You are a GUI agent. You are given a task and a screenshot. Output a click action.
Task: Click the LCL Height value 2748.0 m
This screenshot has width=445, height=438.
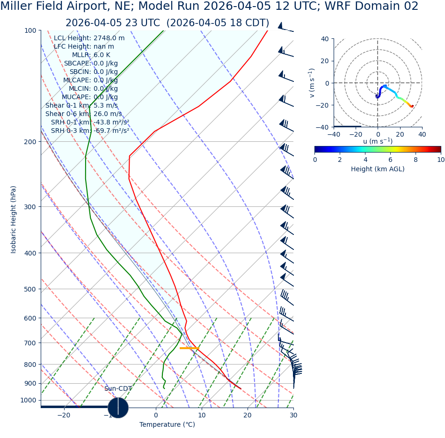(x=109, y=38)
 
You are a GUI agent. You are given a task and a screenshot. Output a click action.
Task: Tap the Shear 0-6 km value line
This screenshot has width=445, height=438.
(x=83, y=114)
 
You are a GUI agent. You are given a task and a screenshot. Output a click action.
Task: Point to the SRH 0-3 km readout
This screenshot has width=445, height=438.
(x=90, y=131)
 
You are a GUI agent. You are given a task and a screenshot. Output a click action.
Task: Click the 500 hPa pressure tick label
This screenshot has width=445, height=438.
(x=30, y=289)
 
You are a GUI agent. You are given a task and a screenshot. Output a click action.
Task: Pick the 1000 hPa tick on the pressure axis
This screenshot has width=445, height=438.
(x=28, y=400)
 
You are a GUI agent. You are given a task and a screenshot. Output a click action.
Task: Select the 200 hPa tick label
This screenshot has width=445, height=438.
(x=30, y=142)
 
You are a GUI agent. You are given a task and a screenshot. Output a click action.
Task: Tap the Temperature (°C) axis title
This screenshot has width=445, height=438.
(x=167, y=425)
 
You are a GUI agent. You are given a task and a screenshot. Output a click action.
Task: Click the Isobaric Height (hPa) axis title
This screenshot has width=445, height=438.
(x=14, y=219)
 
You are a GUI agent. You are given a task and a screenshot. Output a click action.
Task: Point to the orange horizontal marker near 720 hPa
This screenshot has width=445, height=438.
(x=189, y=348)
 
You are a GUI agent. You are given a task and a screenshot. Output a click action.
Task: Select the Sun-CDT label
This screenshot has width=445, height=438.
(x=118, y=389)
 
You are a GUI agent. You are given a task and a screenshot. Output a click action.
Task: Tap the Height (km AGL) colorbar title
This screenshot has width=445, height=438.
(x=378, y=169)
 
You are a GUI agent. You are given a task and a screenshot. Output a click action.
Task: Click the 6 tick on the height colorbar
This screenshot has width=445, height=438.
(x=390, y=160)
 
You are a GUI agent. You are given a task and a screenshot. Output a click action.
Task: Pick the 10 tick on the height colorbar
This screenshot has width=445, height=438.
(x=440, y=160)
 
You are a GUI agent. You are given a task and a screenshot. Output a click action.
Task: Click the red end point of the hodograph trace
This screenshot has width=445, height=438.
(x=412, y=106)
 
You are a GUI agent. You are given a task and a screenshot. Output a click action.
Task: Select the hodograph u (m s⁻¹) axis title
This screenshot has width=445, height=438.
(x=378, y=141)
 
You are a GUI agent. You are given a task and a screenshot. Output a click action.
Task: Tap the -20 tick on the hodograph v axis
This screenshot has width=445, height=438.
(x=322, y=105)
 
